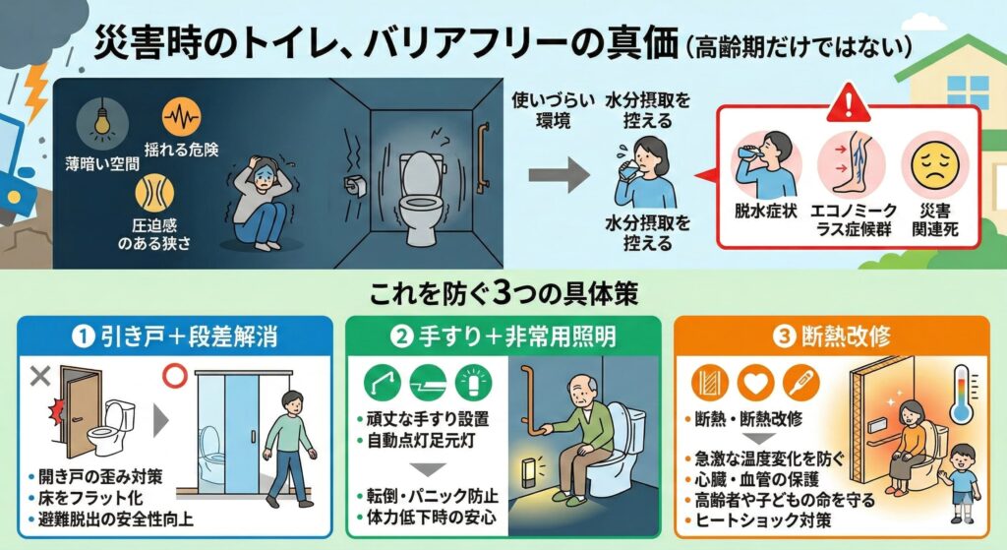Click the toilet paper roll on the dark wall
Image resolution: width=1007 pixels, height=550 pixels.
pos(355,186)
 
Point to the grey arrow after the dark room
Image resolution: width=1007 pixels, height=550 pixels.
pos(559,174)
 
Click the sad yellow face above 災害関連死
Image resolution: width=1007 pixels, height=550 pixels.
pos(934,165)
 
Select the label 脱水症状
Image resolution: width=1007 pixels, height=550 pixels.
pos(765,211)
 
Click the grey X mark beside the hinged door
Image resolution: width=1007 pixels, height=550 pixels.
pos(40,376)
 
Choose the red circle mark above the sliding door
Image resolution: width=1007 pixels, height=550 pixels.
pos(174,376)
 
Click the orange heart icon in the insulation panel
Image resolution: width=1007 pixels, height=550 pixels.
pos(755,384)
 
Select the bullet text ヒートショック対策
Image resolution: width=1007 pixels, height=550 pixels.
pos(763,520)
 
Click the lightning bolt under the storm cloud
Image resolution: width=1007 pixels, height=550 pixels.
pos(34,90)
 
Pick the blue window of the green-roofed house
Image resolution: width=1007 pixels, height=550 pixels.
pos(968,92)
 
